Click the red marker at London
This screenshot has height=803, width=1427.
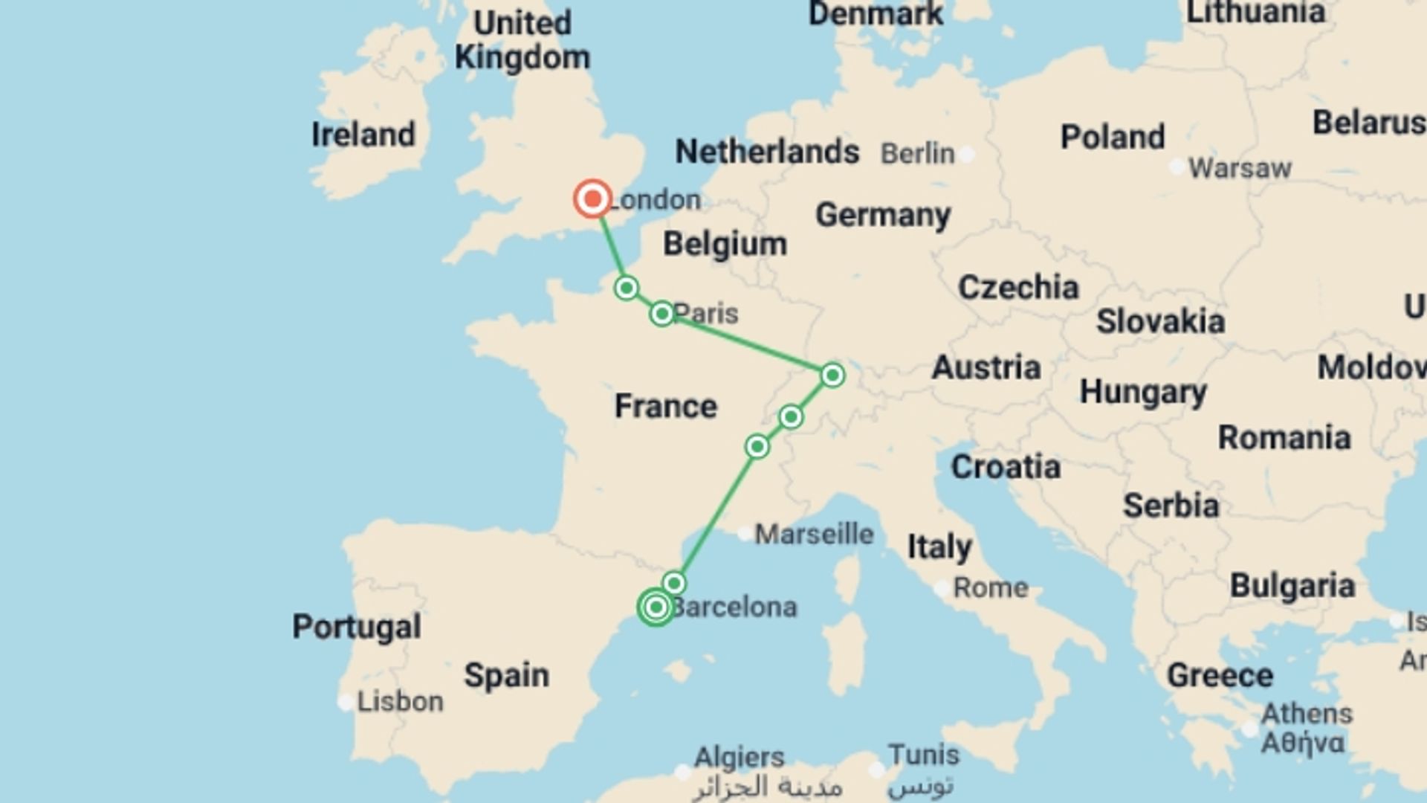[593, 199]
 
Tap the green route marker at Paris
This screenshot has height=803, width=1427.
[661, 314]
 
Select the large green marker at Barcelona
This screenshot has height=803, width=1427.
[656, 607]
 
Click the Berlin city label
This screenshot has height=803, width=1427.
[917, 154]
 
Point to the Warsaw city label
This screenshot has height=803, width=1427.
[1240, 168]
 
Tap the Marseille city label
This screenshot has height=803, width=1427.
[814, 534]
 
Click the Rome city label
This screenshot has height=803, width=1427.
[991, 587]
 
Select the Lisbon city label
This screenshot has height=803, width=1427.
[400, 701]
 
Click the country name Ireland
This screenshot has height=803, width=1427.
[363, 135]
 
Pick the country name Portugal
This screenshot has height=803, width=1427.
[357, 627]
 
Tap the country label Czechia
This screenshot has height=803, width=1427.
[1018, 287]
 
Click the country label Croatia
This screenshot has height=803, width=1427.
[1006, 467]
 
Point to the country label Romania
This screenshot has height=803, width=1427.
[1284, 437]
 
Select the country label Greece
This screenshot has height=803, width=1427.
[1220, 675]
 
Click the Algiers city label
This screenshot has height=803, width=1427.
[739, 758]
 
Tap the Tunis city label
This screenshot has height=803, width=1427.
[924, 755]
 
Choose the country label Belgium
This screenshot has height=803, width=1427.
[725, 244]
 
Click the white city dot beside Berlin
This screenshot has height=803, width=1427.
[966, 155]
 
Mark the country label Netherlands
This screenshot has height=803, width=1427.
[767, 152]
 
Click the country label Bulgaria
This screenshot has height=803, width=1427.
[1292, 586]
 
